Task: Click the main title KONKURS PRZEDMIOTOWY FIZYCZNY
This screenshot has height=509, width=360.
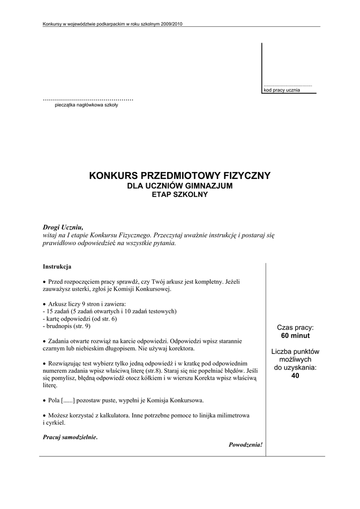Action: click(180, 175)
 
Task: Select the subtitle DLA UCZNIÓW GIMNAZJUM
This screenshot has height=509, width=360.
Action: click(180, 186)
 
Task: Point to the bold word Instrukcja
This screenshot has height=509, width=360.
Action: click(57, 266)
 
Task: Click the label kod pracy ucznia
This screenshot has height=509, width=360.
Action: click(281, 90)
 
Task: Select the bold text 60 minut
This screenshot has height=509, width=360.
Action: click(295, 336)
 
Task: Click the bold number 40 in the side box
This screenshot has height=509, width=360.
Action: click(295, 376)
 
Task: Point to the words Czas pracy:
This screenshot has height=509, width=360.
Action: click(295, 328)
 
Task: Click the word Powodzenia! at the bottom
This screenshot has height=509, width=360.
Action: click(245, 444)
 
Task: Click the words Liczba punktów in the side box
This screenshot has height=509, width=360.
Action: click(295, 351)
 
